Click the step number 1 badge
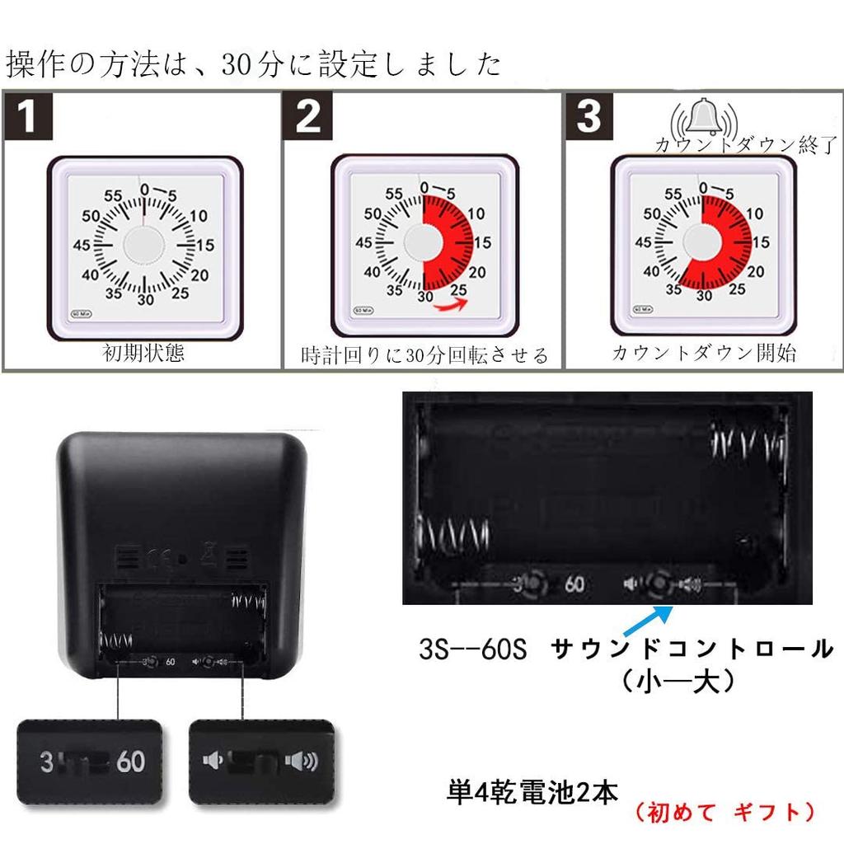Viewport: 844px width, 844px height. [29, 116]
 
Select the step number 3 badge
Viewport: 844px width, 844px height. [588, 116]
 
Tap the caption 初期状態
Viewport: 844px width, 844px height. [143, 354]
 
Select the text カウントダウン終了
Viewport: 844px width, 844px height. [746, 145]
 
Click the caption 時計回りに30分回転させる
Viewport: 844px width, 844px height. [424, 355]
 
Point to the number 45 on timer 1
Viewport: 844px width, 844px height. [82, 245]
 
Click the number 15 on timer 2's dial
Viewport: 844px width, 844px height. [482, 242]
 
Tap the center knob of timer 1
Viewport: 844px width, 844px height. [144, 245]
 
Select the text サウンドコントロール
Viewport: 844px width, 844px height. [692, 649]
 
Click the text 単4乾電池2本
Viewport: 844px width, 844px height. [532, 793]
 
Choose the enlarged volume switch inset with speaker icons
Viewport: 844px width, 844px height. [261, 761]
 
